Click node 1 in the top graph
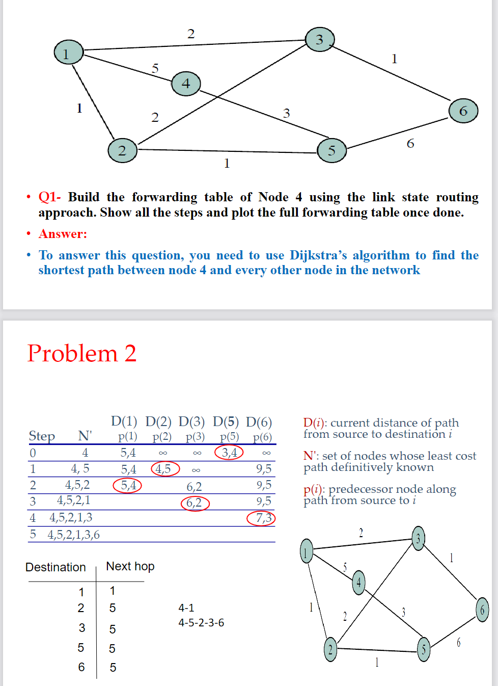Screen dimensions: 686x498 coord(68,52)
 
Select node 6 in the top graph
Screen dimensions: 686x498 coord(463,111)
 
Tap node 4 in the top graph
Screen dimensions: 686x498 coord(186,84)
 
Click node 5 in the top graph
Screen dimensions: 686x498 coord(331,150)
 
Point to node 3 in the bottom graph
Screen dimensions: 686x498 coord(418,539)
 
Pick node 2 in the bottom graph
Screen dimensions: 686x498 coord(330,649)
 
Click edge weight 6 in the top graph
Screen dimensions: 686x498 coord(410,144)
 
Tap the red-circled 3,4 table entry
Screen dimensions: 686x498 coord(229,453)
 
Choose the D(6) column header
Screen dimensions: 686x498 coord(259,422)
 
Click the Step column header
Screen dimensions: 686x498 coord(42,436)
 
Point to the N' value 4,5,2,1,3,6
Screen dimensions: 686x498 coord(74,535)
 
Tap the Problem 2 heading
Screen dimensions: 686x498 coord(82,353)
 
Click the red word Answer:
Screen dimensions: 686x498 coord(63,234)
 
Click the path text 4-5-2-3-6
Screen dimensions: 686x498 coord(201,623)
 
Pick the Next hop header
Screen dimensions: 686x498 coord(130,566)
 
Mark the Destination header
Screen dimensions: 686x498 coord(56,567)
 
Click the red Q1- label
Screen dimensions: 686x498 coord(49,197)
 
